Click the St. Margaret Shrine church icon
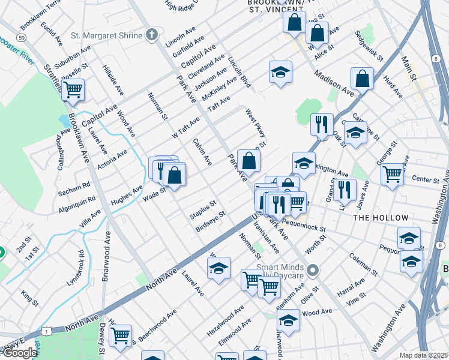152,35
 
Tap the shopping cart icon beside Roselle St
73,91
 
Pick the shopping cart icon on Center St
393,175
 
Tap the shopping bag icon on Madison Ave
362,78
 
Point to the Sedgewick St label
369,46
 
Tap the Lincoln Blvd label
239,72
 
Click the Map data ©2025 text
423,355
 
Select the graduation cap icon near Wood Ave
288,319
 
